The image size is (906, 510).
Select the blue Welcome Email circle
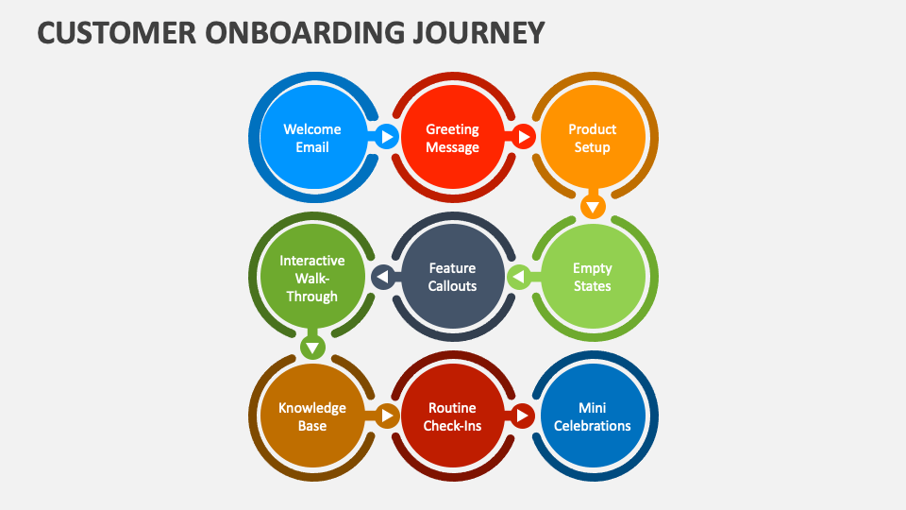(x=312, y=138)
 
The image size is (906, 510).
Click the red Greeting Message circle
(x=452, y=138)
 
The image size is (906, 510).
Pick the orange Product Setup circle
(x=593, y=138)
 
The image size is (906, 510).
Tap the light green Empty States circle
(x=593, y=277)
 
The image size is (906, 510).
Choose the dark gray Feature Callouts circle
(x=452, y=277)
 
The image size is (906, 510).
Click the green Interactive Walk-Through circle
(x=312, y=277)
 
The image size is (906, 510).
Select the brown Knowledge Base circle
(x=312, y=416)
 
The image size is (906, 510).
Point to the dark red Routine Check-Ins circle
(x=452, y=416)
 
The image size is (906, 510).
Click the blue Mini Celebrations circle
(x=593, y=416)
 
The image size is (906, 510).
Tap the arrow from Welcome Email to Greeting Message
(x=385, y=138)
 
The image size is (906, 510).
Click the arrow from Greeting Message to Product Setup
(x=523, y=138)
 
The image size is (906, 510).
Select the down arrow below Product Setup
(x=593, y=206)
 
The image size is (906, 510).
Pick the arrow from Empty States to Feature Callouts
(x=518, y=277)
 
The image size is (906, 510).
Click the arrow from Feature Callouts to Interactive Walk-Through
(x=381, y=277)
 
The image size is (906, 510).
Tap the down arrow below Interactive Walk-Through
(x=312, y=347)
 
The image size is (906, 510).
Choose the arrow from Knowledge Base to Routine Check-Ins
(x=386, y=416)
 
